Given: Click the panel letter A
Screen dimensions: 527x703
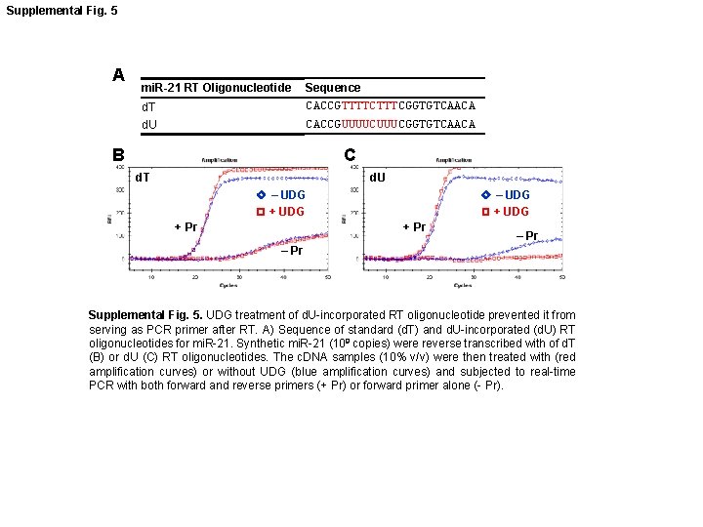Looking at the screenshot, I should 118,75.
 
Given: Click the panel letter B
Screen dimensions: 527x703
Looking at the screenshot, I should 118,154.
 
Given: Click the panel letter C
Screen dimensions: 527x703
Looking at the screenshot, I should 350,154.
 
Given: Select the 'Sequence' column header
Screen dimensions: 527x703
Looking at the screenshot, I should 333,88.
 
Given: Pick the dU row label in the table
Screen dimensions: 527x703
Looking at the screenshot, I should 149,125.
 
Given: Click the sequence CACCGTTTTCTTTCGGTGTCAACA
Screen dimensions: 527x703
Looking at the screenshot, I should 390,105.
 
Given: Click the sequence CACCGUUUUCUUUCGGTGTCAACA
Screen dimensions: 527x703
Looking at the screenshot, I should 390,124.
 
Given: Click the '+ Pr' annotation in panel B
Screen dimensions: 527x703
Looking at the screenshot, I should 186,227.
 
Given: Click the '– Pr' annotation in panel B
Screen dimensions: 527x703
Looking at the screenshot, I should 292,252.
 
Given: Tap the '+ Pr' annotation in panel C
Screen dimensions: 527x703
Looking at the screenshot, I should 414,227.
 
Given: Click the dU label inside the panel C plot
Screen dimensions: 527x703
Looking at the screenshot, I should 377,178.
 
